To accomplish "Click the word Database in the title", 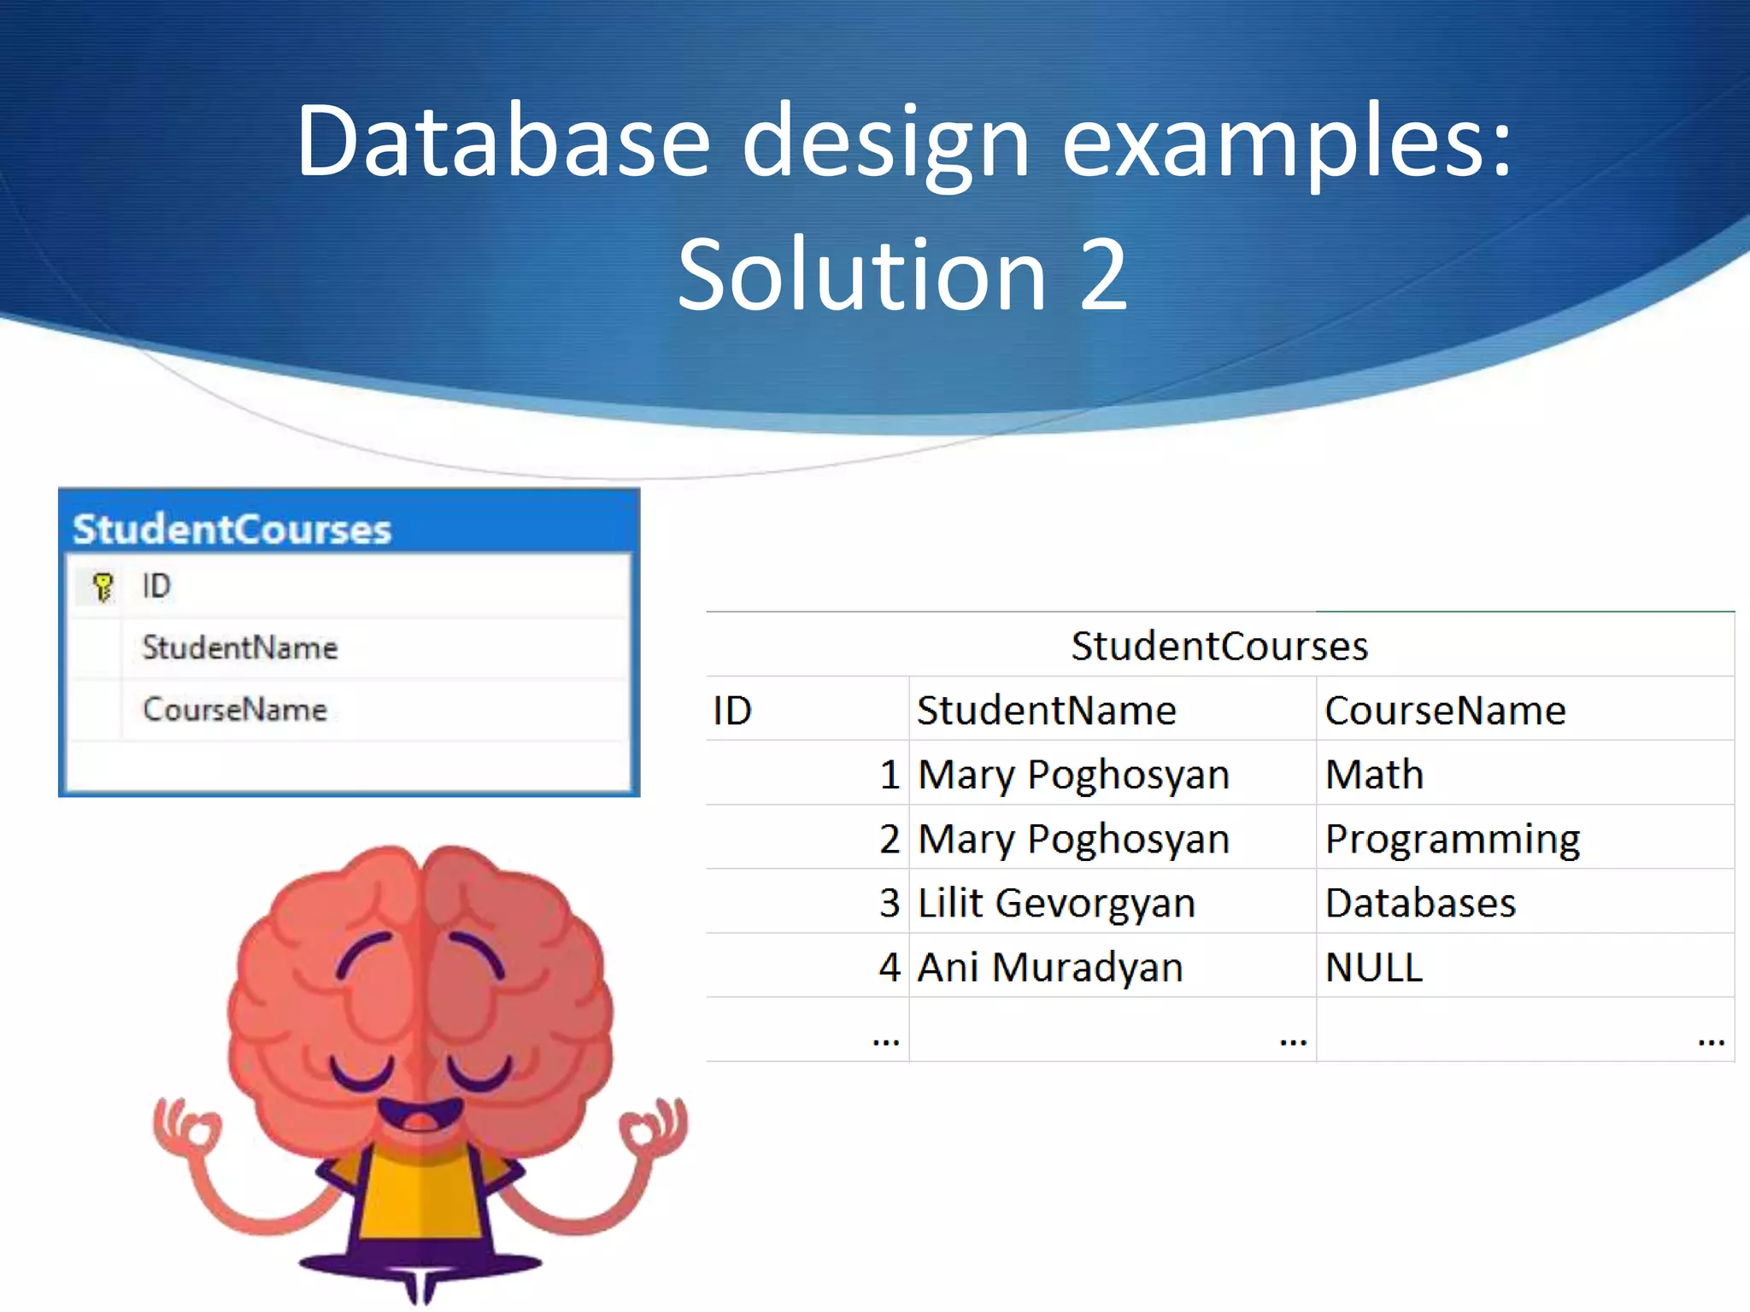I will (x=502, y=141).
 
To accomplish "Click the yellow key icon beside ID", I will (x=103, y=587).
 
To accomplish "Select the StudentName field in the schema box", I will (x=240, y=647).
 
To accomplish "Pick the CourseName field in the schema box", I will (x=235, y=709).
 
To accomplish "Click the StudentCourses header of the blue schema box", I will (x=232, y=529).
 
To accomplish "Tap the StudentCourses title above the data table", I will (x=1219, y=646).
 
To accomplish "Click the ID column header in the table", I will (x=732, y=711).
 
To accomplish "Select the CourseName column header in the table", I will (x=1445, y=711).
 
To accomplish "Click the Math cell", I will (x=1374, y=775).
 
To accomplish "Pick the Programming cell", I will (x=1452, y=839).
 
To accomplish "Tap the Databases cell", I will (x=1420, y=903).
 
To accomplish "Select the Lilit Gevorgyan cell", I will (x=1056, y=903).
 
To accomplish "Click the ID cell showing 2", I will (x=889, y=839).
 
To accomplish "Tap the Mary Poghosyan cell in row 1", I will (x=1073, y=775).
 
